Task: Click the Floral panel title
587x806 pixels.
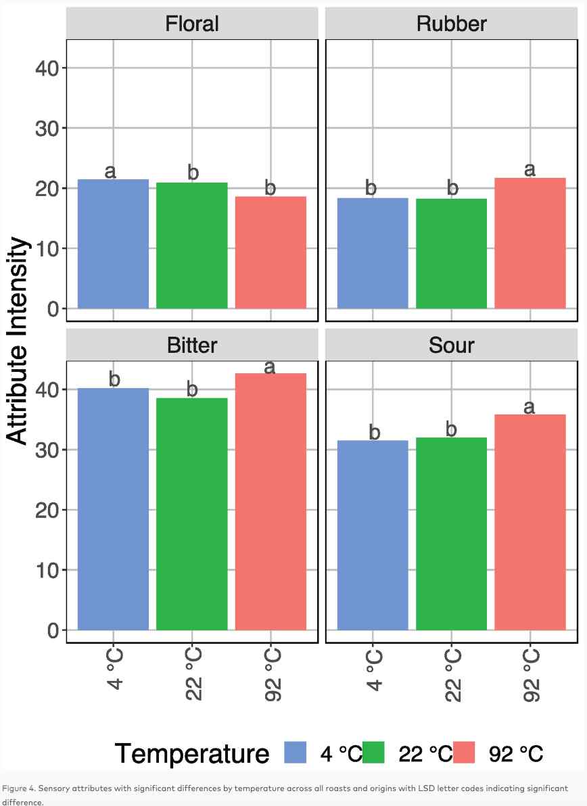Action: [192, 24]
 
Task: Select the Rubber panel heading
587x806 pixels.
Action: [451, 24]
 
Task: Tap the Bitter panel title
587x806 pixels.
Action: [192, 346]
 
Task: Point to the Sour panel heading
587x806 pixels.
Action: [451, 346]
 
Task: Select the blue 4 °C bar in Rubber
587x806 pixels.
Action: [373, 253]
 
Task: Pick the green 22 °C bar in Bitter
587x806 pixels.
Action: [192, 514]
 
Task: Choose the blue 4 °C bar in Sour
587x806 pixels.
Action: [373, 535]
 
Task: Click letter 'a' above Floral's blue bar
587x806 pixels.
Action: [111, 172]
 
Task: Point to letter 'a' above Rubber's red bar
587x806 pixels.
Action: [530, 170]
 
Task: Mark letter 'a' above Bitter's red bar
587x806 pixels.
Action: [270, 366]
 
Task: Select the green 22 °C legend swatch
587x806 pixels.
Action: [373, 752]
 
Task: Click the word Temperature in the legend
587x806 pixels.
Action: [191, 753]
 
